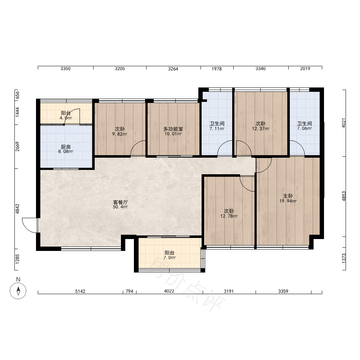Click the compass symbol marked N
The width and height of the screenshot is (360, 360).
point(18,291)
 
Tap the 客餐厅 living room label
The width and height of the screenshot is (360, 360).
point(120,202)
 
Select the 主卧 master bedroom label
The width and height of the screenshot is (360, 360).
point(288,196)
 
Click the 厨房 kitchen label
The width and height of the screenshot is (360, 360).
point(66,147)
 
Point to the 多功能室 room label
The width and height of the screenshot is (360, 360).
point(173,129)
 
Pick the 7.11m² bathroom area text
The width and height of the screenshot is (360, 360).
point(217,129)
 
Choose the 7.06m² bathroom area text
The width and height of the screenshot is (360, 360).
point(305,129)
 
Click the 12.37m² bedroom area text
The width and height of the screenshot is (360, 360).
point(261,129)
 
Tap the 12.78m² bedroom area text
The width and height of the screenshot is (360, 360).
point(229,216)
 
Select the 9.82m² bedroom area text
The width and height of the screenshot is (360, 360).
point(120,134)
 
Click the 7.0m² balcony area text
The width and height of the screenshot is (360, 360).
point(170,258)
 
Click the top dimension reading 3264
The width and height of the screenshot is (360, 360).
point(173,69)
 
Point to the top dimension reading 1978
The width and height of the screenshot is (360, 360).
point(216,69)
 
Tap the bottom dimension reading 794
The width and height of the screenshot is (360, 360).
point(129,291)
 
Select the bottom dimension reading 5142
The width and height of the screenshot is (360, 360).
point(80,291)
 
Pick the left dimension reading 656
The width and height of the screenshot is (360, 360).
point(18,95)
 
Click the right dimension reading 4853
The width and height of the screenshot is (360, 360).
point(344,196)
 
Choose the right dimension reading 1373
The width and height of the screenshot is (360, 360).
point(344,258)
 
